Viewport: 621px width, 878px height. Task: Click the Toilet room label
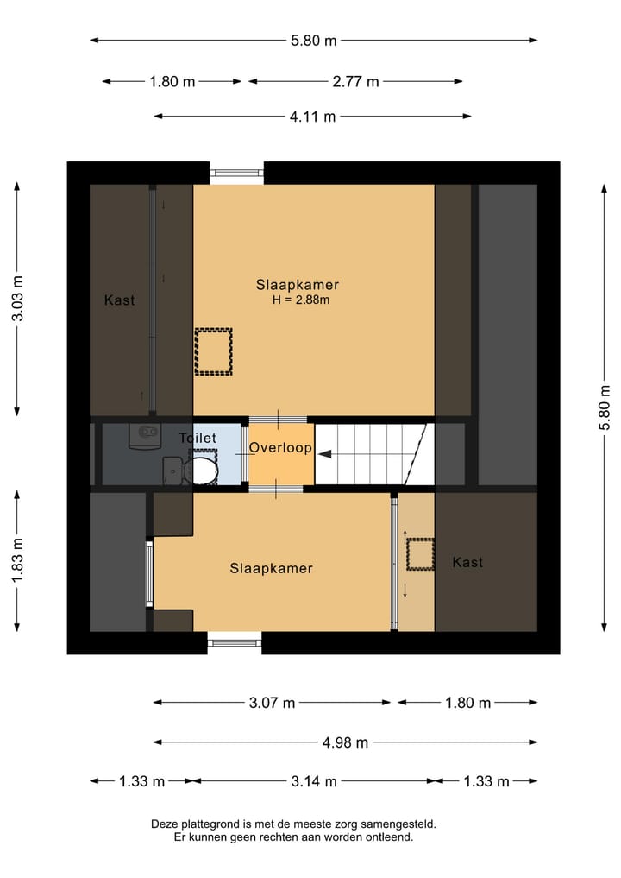[198, 439]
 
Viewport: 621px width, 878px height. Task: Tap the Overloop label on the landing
[280, 448]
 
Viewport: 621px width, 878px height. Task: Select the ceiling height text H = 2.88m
[301, 300]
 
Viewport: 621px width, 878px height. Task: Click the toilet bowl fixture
[202, 471]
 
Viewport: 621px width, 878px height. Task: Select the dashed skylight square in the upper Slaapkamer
[213, 351]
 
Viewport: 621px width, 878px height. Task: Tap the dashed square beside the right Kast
[418, 554]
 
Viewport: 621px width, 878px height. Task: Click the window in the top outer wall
[236, 173]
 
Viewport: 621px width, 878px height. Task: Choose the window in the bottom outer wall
[234, 641]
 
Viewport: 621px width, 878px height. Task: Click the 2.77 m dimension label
[355, 82]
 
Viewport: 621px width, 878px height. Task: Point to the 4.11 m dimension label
[311, 117]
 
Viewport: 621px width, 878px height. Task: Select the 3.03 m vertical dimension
[17, 298]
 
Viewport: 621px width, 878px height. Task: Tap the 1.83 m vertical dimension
[17, 559]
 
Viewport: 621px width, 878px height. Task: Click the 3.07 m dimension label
[272, 703]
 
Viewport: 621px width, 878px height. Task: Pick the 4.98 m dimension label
[345, 742]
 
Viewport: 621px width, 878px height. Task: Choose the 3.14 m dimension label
[312, 781]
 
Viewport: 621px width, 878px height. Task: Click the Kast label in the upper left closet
[120, 300]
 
